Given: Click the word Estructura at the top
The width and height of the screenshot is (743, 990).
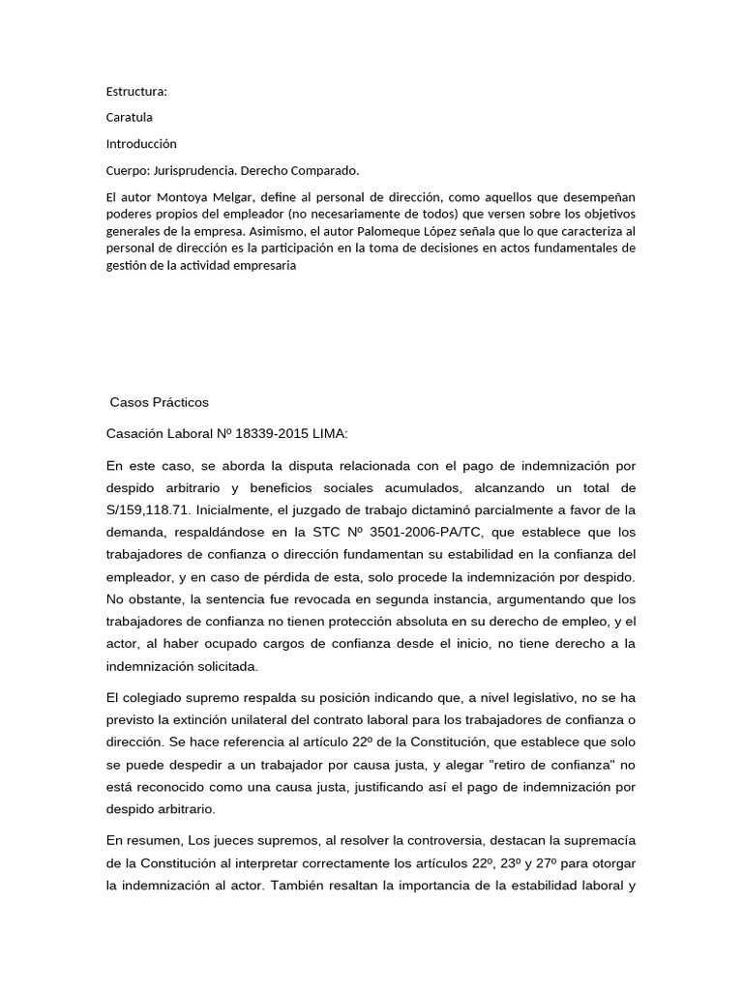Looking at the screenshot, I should click(135, 92).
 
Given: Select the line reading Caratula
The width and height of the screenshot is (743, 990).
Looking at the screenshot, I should click(130, 118).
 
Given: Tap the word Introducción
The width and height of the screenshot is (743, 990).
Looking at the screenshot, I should click(141, 144).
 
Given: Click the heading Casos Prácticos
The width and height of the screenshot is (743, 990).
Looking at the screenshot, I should click(160, 402).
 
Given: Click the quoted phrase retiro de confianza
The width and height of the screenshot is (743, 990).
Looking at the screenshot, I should click(533, 764).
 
